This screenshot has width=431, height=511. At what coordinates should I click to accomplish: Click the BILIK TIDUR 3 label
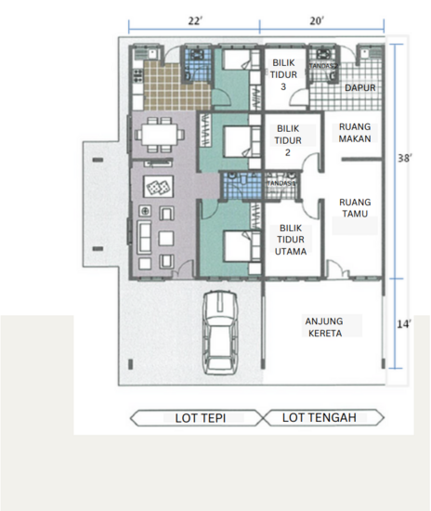tap(283, 74)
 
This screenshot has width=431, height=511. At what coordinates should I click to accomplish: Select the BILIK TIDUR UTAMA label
tap(284, 238)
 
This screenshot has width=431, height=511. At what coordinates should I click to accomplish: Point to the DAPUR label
tap(359, 87)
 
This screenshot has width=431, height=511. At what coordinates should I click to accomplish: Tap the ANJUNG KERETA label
tap(325, 328)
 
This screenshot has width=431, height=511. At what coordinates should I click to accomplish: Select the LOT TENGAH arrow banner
tap(320, 418)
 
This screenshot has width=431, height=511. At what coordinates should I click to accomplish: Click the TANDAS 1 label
tap(281, 183)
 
